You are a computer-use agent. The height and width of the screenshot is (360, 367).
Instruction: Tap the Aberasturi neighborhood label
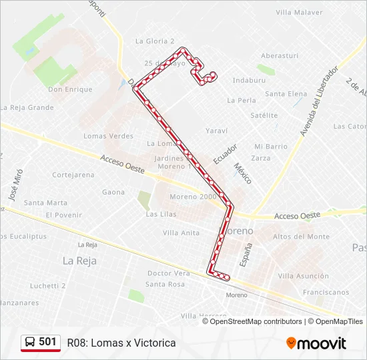click(279, 56)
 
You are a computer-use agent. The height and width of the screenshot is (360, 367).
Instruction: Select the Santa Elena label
click(286, 94)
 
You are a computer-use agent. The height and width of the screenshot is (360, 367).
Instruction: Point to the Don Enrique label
click(70, 89)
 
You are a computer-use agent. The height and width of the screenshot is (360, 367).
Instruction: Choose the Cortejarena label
click(73, 175)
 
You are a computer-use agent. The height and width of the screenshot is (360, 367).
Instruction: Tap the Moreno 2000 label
click(193, 197)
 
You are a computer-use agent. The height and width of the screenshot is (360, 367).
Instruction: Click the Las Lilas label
click(161, 214)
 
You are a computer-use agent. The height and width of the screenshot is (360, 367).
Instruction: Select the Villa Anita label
click(181, 233)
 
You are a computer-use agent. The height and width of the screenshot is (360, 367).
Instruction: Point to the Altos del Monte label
click(301, 237)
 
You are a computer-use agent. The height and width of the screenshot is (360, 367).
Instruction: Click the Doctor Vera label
click(169, 273)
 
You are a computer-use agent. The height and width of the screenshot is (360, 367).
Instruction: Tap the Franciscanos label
click(326, 292)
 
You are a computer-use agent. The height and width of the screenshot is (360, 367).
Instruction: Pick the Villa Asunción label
click(304, 276)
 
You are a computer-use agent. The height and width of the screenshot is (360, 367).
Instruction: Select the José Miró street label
click(14, 187)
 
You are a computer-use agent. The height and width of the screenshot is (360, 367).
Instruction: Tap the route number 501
click(47, 342)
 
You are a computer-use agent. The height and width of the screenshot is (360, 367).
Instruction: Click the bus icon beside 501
click(30, 342)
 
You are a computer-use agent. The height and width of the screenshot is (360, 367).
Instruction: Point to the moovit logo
click(316, 343)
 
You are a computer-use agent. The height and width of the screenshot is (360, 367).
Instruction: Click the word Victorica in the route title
click(154, 343)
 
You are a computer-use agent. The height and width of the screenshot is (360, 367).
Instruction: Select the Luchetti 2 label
click(47, 285)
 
